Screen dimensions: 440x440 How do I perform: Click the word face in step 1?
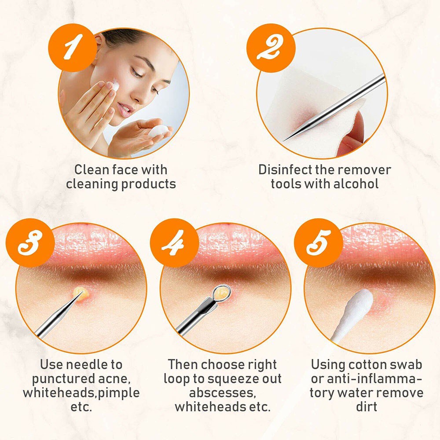[x=116, y=170]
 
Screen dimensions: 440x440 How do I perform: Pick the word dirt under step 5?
[x=367, y=407]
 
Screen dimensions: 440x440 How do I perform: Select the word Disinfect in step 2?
[x=286, y=170]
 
